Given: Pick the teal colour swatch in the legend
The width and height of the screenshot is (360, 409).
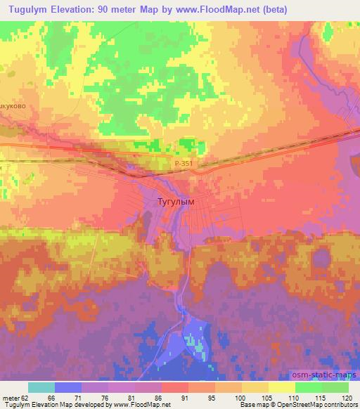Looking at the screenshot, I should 41,387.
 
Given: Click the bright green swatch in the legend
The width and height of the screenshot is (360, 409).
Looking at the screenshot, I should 308,387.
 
